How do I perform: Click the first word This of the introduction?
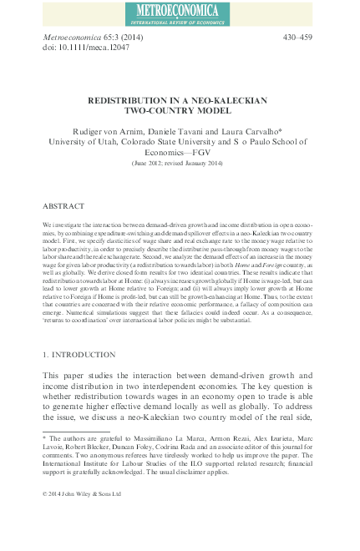[x=53, y=377]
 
